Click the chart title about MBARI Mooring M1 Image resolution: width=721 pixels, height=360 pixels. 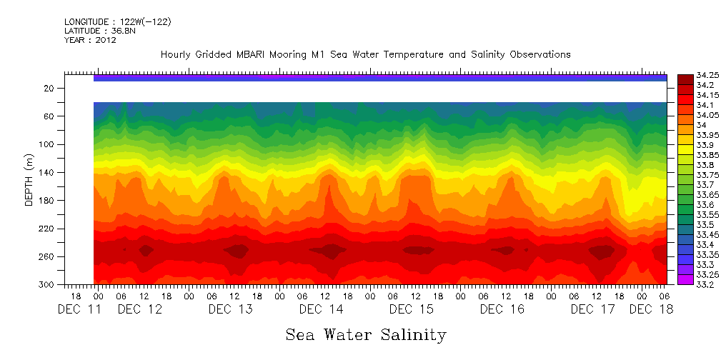365,54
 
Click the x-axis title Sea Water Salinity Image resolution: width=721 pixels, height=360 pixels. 366,334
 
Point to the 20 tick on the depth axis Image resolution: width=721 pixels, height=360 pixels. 49,88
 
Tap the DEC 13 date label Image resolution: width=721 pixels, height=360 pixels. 231,309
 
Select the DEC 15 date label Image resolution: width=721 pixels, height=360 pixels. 412,309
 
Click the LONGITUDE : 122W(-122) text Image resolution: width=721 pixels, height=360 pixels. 117,22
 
